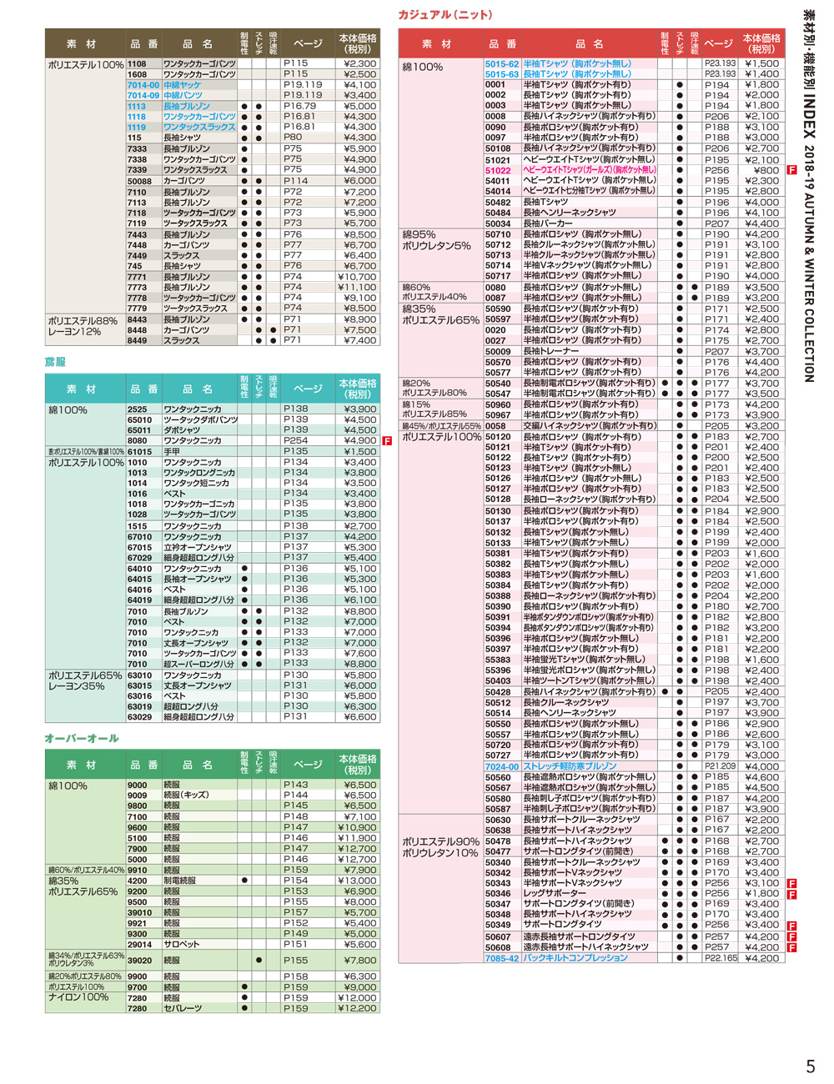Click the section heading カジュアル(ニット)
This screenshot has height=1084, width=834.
click(x=445, y=15)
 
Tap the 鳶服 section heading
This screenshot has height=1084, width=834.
click(x=55, y=362)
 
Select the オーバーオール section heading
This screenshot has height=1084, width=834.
click(x=82, y=738)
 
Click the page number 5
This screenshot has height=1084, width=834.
click(x=810, y=1066)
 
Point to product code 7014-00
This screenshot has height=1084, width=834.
click(x=143, y=85)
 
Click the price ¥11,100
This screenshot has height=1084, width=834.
click(x=357, y=287)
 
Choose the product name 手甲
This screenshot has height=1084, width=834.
click(x=171, y=452)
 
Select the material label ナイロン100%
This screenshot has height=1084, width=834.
click(x=78, y=997)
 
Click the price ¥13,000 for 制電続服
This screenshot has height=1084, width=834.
click(x=357, y=881)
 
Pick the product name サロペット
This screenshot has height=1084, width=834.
click(x=181, y=945)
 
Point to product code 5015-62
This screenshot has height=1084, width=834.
click(x=502, y=63)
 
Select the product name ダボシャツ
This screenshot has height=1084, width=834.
click(x=181, y=430)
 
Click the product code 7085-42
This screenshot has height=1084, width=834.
click(x=502, y=958)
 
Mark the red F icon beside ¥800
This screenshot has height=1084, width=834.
click(x=791, y=170)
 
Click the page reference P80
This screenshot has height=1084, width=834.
click(x=293, y=138)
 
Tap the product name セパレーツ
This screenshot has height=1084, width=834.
click(x=183, y=1008)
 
